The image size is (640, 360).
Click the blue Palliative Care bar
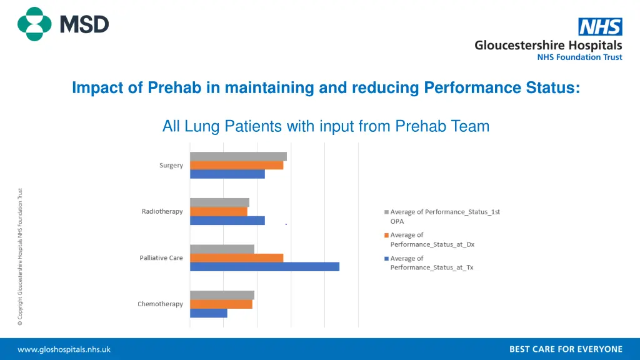(x=264, y=267)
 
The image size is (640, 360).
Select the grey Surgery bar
(x=238, y=156)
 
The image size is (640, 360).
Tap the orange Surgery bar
(x=236, y=166)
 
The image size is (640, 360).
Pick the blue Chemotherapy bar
(x=209, y=313)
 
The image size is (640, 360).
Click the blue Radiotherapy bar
(x=227, y=221)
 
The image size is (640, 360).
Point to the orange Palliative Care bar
(x=236, y=257)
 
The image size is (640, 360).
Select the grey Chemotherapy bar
(x=222, y=295)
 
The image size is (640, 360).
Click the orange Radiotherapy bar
(x=219, y=211)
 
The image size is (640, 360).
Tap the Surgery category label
(x=171, y=166)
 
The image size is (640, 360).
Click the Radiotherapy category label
(x=162, y=211)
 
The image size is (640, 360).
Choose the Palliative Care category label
(x=161, y=257)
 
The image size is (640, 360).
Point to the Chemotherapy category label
(x=161, y=304)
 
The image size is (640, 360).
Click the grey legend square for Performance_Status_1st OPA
(x=386, y=212)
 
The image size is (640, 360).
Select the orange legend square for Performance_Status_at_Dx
(x=386, y=236)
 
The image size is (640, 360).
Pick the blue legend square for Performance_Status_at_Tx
(x=386, y=259)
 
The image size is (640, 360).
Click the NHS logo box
(x=600, y=27)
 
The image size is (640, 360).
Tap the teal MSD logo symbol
(x=34, y=24)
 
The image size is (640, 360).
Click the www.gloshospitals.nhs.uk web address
(x=64, y=349)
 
